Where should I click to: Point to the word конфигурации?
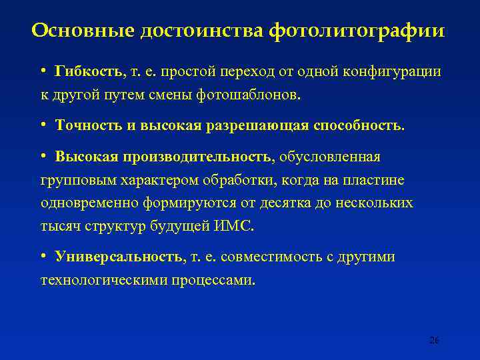tap(394, 71)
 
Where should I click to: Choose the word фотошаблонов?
tap(249, 95)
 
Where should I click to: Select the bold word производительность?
tap(198, 157)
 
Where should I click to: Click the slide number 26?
tap(433, 340)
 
